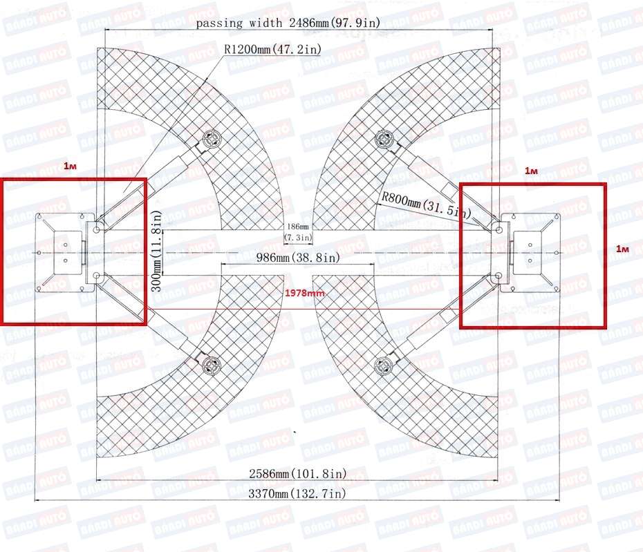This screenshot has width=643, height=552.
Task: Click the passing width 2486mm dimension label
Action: pos(288,23)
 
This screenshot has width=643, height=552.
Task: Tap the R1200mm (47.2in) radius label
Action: pos(272,49)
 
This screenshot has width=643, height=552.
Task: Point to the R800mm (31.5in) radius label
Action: pos(427,205)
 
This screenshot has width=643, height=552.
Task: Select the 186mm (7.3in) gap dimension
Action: pos(298,232)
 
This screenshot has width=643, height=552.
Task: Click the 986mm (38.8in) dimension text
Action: pos(298,258)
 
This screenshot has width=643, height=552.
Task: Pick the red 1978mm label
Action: pos(305,293)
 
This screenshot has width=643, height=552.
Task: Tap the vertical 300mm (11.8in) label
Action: pos(157,251)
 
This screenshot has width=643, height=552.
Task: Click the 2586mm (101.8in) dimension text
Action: pos(298,474)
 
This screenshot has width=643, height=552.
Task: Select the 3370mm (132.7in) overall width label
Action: pos(297,493)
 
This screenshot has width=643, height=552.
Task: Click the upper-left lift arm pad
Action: pos(212,138)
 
